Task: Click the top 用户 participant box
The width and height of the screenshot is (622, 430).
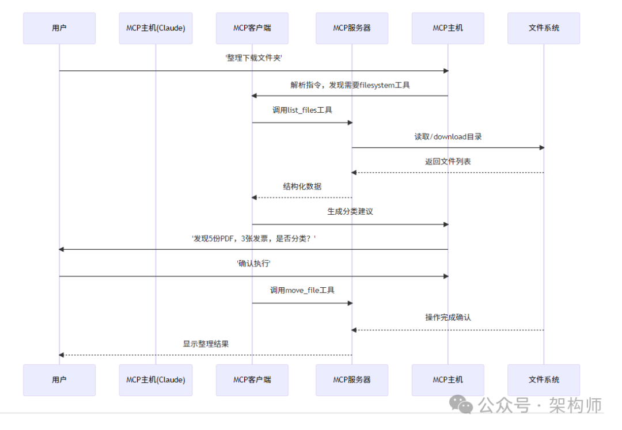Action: (59, 28)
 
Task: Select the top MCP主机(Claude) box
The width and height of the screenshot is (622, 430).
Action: (155, 28)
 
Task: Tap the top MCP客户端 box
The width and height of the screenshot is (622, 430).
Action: (252, 28)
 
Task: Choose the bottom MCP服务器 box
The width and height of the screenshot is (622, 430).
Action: (352, 380)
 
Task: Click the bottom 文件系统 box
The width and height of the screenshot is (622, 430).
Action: (544, 380)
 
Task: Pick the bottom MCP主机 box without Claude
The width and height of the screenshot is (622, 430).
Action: (448, 380)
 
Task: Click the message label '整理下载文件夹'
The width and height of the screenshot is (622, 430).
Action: (253, 58)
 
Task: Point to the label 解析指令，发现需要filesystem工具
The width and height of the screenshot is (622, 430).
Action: (350, 85)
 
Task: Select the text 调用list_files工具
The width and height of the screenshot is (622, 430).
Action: (302, 110)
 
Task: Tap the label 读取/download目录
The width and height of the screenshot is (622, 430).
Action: (448, 136)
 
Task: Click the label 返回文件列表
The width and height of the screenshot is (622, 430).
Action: (448, 162)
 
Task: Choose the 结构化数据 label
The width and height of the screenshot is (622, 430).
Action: (302, 187)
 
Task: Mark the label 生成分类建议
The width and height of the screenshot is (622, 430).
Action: (350, 211)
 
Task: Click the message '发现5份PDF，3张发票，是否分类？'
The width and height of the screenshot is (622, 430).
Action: (253, 238)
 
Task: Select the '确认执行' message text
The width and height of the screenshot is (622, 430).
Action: (253, 264)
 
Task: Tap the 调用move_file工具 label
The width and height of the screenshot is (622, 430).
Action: (302, 290)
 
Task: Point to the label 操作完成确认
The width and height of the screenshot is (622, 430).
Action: (448, 317)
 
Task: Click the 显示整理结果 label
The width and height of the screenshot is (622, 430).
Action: (206, 344)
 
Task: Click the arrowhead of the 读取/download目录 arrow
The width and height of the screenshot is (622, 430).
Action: (541, 148)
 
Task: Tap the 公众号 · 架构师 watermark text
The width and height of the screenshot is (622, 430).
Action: (540, 405)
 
